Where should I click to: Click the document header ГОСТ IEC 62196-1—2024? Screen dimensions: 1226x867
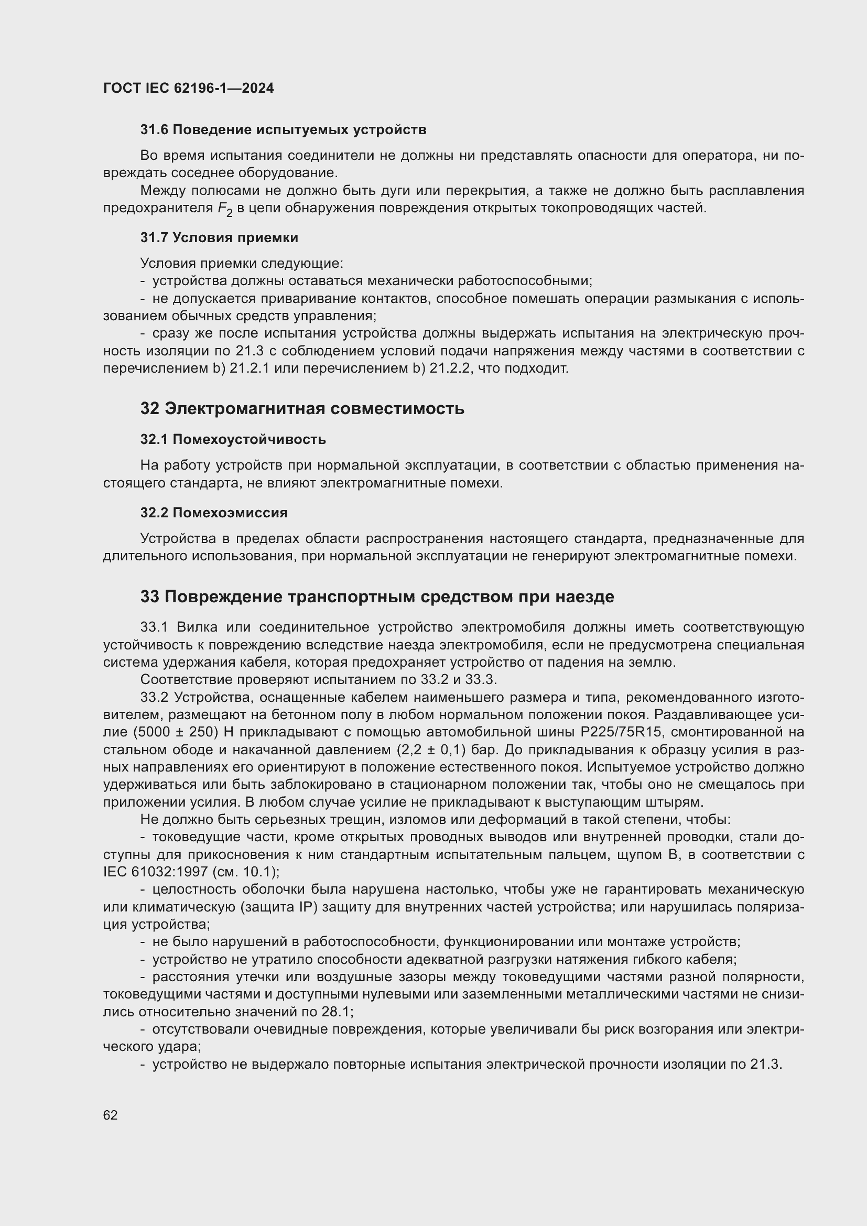click(189, 88)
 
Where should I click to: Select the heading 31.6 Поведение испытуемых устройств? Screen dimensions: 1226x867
click(283, 130)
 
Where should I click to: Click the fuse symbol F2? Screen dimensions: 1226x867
click(225, 209)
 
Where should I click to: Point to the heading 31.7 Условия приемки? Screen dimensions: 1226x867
click(219, 237)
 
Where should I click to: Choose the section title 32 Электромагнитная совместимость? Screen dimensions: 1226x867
click(302, 409)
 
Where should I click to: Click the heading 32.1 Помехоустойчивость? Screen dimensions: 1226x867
click(233, 439)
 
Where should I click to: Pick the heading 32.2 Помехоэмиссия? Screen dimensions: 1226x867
click(213, 513)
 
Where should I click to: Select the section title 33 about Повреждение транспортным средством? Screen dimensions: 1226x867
click(377, 597)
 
